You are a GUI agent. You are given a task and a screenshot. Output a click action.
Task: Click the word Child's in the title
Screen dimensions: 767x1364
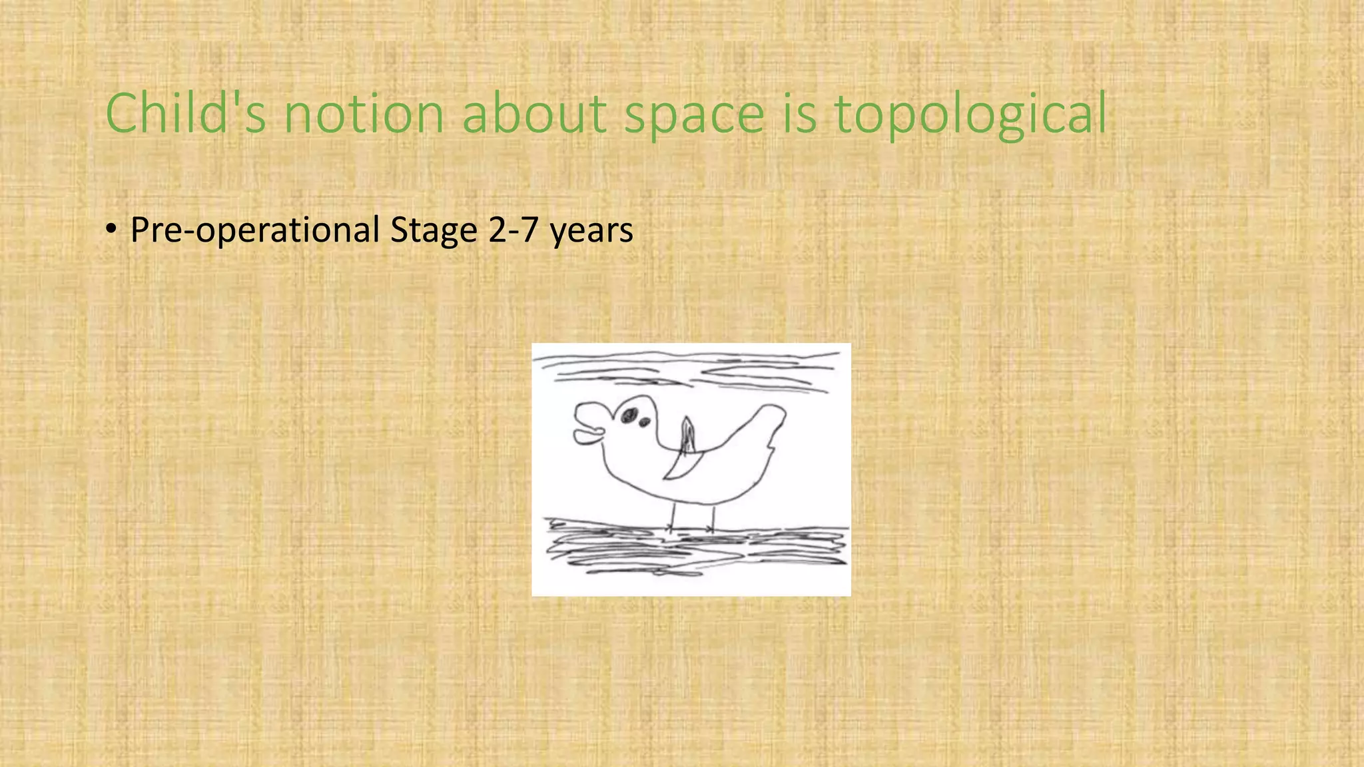tap(185, 113)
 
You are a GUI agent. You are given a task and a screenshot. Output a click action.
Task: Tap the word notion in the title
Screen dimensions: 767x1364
tap(364, 113)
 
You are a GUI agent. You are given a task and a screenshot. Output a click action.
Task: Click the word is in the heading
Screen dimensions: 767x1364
tap(799, 113)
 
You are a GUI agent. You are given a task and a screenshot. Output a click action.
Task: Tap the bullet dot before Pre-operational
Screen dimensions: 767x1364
tap(111, 230)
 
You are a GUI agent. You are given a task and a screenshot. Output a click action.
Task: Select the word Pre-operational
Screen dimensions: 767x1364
tap(254, 230)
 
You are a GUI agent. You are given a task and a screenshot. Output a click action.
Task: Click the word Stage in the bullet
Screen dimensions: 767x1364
tap(434, 230)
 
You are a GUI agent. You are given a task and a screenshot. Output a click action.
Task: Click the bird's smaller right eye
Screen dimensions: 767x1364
tap(645, 422)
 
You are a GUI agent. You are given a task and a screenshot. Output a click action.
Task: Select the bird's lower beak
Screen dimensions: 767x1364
tap(587, 437)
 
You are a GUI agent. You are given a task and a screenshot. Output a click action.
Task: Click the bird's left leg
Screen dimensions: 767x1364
tap(673, 517)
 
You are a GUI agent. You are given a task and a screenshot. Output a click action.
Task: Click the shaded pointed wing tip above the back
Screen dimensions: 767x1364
tap(688, 433)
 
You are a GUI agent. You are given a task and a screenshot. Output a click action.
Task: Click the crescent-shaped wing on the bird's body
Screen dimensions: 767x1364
tap(683, 466)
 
